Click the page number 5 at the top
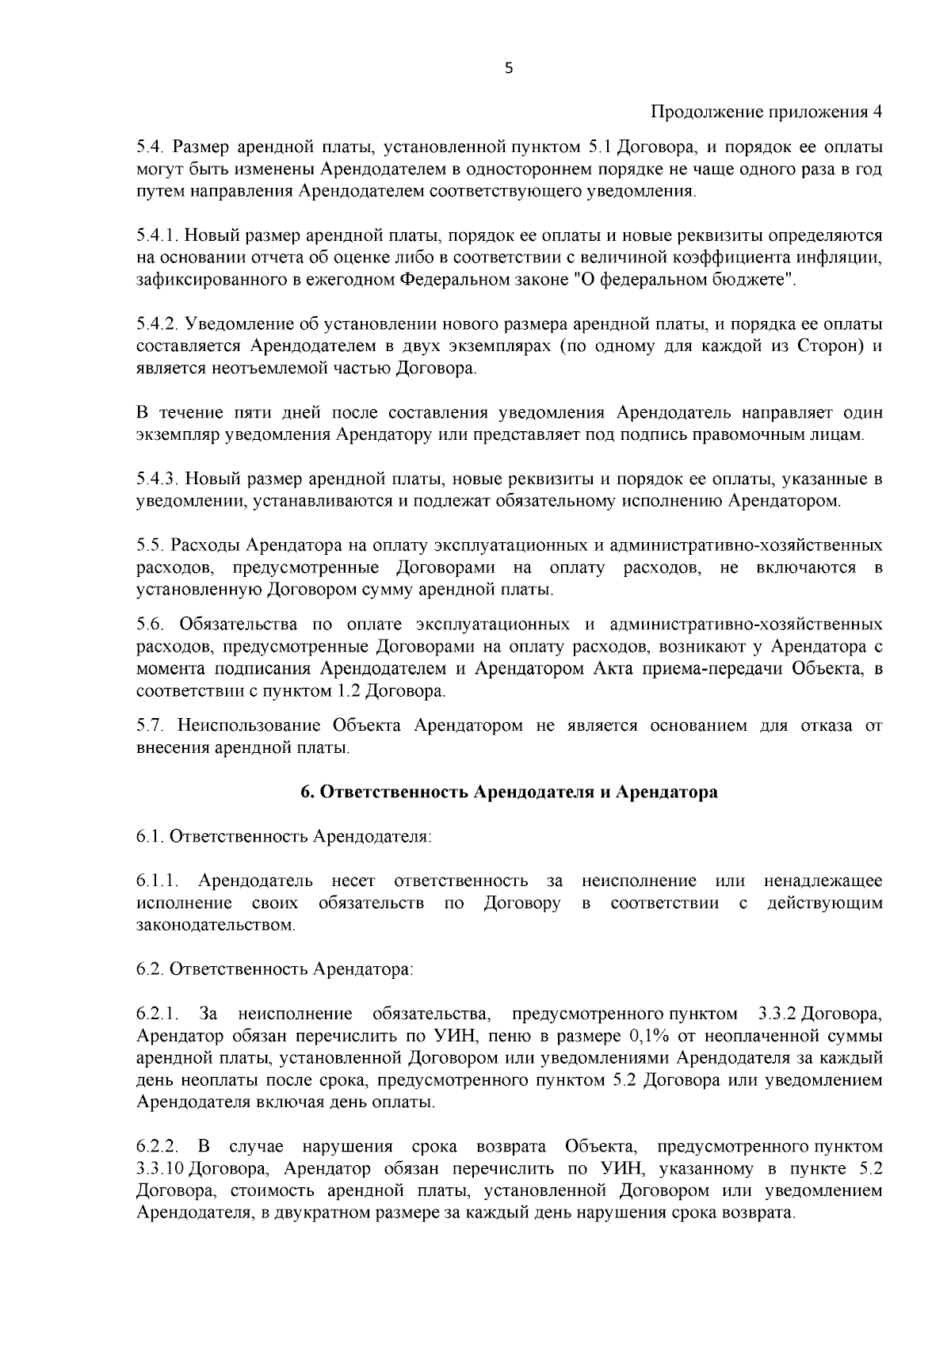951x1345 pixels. pyautogui.click(x=509, y=69)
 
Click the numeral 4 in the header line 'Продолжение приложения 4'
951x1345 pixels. pyautogui.click(x=877, y=112)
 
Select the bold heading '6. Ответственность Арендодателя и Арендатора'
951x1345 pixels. pyautogui.click(x=509, y=793)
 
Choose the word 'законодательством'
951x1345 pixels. pyautogui.click(x=216, y=925)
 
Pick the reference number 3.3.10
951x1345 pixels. pyautogui.click(x=161, y=1169)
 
